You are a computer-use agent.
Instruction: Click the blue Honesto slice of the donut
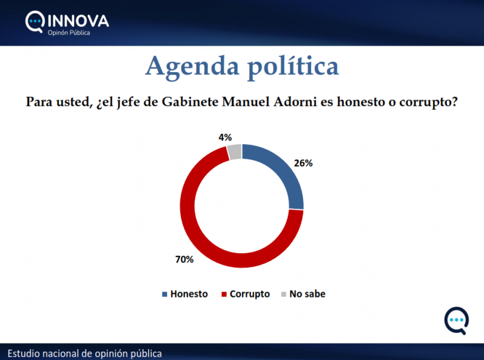[x=283, y=173]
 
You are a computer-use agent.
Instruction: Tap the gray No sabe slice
[x=235, y=152]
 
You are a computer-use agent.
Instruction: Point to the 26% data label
[x=303, y=163]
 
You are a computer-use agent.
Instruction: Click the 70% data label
[x=184, y=259]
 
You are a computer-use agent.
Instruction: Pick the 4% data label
[x=225, y=137]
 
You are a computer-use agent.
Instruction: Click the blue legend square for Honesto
[x=164, y=295]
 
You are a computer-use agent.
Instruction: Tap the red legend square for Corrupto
[x=224, y=295]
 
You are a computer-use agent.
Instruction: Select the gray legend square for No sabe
[x=283, y=295]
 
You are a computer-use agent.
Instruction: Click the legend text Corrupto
[x=250, y=294]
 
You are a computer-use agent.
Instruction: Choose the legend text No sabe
[x=307, y=294]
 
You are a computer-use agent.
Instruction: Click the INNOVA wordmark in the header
[x=78, y=21]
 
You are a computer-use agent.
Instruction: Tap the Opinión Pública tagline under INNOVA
[x=69, y=33]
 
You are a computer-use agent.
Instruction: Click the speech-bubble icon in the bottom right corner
[x=456, y=321]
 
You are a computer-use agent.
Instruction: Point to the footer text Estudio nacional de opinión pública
[x=85, y=353]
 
